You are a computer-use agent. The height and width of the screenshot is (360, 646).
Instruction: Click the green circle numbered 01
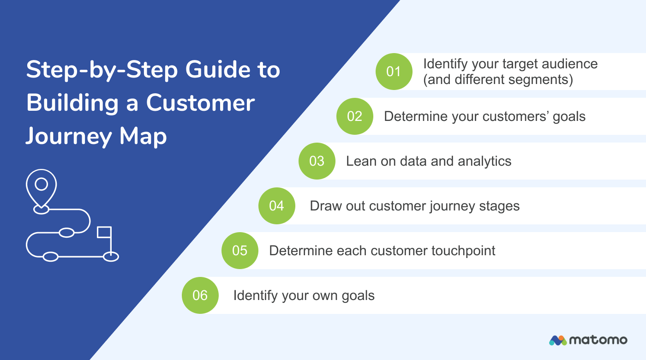point(394,72)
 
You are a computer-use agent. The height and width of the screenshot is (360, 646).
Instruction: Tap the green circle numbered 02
point(354,116)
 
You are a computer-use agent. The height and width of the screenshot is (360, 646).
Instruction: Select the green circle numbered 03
point(317,161)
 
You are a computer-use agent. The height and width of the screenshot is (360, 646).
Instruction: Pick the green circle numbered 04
point(276,206)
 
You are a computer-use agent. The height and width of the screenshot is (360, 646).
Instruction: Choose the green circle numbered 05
point(240,251)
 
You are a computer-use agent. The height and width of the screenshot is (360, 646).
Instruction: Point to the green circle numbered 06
point(200,295)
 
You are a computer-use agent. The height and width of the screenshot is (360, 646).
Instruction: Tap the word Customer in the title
point(200,102)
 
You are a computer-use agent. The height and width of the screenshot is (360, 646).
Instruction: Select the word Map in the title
point(143,136)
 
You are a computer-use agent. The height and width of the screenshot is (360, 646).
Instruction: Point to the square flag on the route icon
point(104,232)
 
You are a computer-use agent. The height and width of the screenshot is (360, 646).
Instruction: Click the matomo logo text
point(598,340)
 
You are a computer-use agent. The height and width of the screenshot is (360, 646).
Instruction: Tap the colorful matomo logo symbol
point(557,341)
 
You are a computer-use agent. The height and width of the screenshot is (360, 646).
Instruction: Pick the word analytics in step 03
point(484,161)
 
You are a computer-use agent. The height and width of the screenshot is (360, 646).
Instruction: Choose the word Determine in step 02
point(415,116)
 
